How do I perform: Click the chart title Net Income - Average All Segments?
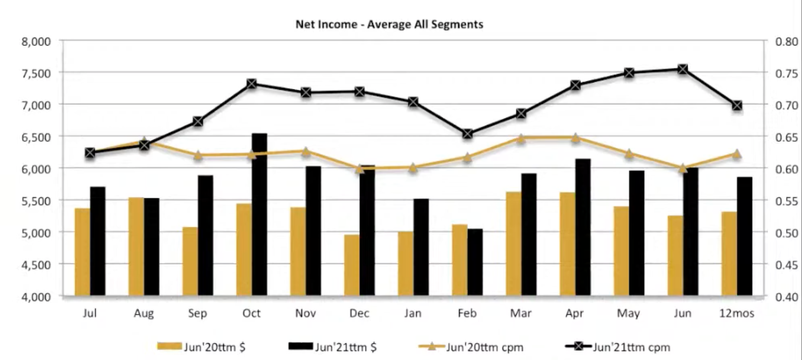[389, 24]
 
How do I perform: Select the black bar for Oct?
[259, 215]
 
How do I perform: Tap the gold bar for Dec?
[352, 265]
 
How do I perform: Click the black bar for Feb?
[475, 262]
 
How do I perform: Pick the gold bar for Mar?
[513, 244]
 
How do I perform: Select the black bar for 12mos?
[744, 236]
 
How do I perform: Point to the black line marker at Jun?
[683, 69]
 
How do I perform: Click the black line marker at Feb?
[467, 134]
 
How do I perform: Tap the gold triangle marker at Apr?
[575, 138]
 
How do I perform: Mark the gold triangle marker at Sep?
[198, 155]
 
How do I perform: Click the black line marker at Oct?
[251, 84]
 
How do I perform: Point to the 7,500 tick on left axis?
[36, 74]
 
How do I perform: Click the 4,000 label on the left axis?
[36, 297]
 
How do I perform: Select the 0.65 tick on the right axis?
[787, 137]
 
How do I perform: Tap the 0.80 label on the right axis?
[787, 42]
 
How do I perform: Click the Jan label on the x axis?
[413, 313]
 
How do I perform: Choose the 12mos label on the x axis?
[736, 313]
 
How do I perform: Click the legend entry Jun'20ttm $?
[201, 347]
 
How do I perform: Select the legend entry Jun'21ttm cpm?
[618, 347]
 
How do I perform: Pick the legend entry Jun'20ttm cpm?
[471, 347]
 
